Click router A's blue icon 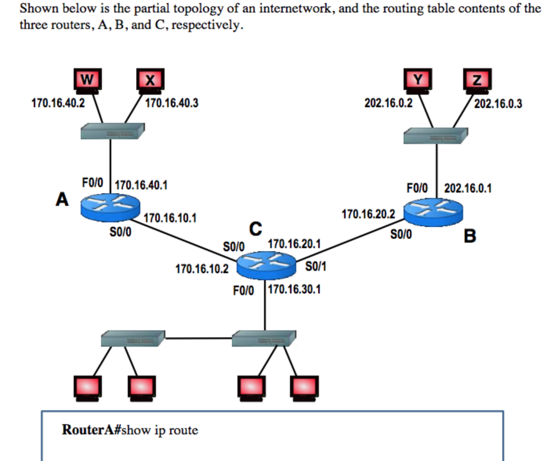(x=110, y=206)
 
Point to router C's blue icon (x=266, y=264)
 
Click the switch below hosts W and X (x=112, y=131)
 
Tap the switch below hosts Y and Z (x=436, y=136)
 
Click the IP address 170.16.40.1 (x=141, y=185)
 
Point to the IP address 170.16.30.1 (x=294, y=290)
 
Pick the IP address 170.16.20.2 (x=368, y=214)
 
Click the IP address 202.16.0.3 (x=498, y=104)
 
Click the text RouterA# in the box (x=91, y=430)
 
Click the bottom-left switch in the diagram (x=133, y=338)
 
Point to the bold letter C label (x=256, y=229)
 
